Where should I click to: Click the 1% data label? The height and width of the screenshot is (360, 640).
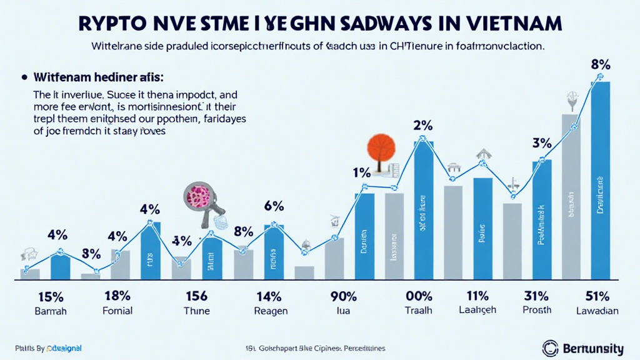(362, 172)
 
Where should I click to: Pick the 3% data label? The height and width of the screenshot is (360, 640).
(541, 142)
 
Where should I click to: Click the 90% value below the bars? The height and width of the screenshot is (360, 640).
(343, 296)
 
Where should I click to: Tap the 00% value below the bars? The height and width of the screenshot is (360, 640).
(419, 296)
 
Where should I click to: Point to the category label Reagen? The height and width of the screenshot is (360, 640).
(271, 311)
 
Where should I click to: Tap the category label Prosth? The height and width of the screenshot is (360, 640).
(538, 311)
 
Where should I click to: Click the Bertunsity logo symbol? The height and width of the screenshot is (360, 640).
(549, 347)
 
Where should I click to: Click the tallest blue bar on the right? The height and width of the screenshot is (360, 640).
(601, 181)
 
